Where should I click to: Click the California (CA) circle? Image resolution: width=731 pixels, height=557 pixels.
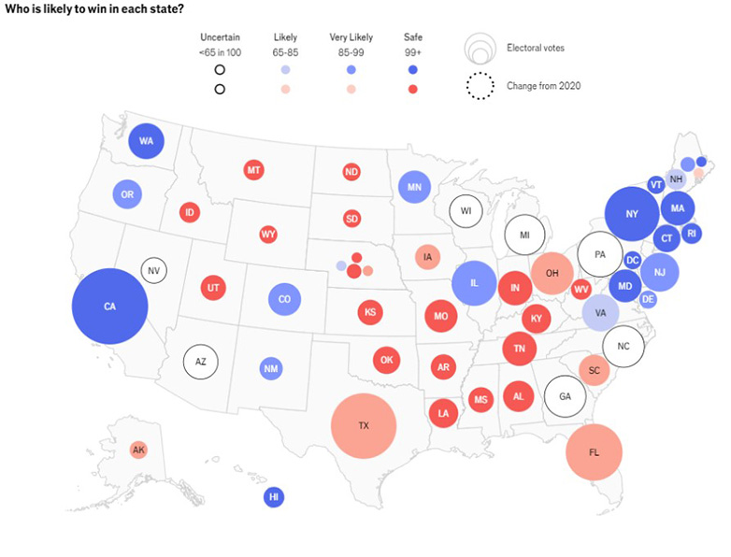[x=109, y=306]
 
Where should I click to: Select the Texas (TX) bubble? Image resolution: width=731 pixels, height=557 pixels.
[x=364, y=425]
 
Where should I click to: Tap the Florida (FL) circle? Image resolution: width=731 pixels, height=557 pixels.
[x=594, y=451]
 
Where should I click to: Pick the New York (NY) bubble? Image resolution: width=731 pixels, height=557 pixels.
[x=632, y=214]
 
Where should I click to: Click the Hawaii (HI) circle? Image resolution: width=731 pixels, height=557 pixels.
[x=274, y=497]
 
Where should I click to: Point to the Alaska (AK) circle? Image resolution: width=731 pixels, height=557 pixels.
[x=138, y=450]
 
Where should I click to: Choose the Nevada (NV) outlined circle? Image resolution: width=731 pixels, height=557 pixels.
[x=154, y=271]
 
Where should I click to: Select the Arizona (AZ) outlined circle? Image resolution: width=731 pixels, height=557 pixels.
[x=200, y=361]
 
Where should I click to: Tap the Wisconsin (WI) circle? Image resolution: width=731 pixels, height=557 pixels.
[x=466, y=210]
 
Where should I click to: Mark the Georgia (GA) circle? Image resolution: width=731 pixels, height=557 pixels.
[x=565, y=395]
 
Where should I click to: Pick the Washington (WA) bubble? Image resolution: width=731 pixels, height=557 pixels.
[x=146, y=141]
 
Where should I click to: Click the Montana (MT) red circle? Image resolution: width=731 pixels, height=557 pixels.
[x=252, y=170]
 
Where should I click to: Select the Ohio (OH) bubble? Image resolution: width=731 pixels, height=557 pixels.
[x=552, y=273]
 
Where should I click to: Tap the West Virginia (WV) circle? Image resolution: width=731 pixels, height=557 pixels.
[x=580, y=289]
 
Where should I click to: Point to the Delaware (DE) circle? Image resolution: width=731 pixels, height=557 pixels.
[x=648, y=299]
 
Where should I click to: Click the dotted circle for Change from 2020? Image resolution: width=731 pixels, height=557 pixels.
[x=480, y=86]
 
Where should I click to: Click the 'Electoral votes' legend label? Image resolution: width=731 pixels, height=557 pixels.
[x=535, y=47]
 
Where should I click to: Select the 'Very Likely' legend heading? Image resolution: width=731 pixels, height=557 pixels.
[x=351, y=37]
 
